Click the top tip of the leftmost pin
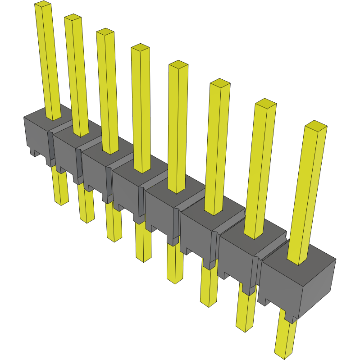[42, 5]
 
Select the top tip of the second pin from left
[73, 18]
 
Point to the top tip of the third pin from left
[105, 32]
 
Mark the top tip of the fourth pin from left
[140, 47]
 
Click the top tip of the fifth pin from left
[178, 64]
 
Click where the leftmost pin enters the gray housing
[54, 118]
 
